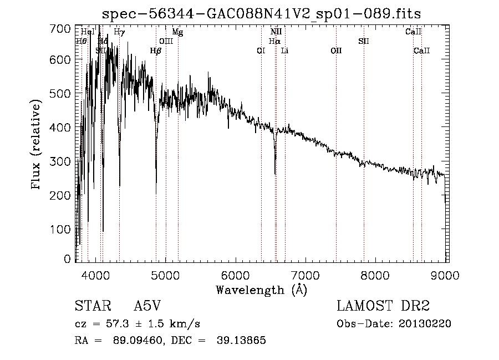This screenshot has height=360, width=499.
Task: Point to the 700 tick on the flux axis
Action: coord(64,28)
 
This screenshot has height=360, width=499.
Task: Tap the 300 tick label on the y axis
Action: coord(64,161)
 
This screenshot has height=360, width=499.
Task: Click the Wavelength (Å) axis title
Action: coord(261,289)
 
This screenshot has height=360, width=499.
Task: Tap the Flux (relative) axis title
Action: coord(37,145)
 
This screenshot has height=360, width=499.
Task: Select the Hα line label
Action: coord(274,41)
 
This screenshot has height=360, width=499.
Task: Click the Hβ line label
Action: coord(156,50)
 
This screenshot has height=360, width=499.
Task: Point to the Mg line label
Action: coord(177,32)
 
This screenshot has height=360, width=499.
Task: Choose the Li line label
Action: coord(284,50)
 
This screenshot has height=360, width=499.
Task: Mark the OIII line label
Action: coord(166,41)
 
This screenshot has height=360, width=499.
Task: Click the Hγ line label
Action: coord(119,32)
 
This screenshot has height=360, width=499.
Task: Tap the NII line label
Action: coord(276,32)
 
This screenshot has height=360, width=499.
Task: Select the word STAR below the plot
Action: coord(89,306)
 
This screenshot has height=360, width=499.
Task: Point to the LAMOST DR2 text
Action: coord(383,306)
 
